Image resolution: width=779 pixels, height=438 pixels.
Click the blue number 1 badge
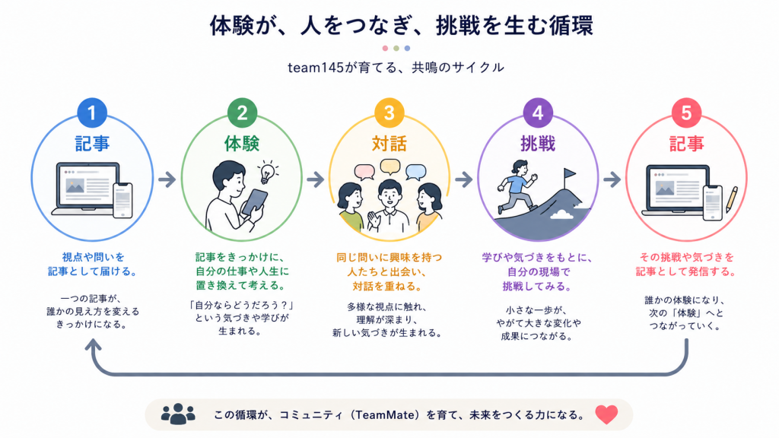92,113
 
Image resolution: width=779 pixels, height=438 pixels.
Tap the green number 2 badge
242,113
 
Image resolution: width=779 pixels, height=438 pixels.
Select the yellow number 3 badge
389,113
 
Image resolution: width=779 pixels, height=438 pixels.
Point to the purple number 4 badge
538,113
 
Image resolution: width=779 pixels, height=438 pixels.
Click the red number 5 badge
686,113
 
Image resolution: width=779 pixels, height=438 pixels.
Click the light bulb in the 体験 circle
268,172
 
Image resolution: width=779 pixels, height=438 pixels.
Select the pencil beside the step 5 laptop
732,199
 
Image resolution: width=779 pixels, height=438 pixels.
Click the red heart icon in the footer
606,414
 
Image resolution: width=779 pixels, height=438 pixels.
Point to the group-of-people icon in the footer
178,414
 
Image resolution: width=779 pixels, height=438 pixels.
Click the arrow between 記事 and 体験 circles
167,179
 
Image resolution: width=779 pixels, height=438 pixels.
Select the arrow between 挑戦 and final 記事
612,179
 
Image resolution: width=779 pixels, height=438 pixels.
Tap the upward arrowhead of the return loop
92,344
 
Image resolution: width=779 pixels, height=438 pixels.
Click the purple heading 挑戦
538,144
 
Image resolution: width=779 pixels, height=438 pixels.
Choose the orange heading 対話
389,144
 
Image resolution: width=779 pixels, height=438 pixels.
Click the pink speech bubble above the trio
364,172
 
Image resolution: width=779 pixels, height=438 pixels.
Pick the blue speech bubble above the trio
416,172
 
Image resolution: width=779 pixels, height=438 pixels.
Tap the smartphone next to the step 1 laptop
122,200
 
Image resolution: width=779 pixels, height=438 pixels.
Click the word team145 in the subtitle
316,68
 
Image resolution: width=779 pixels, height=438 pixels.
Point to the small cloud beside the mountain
561,214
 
